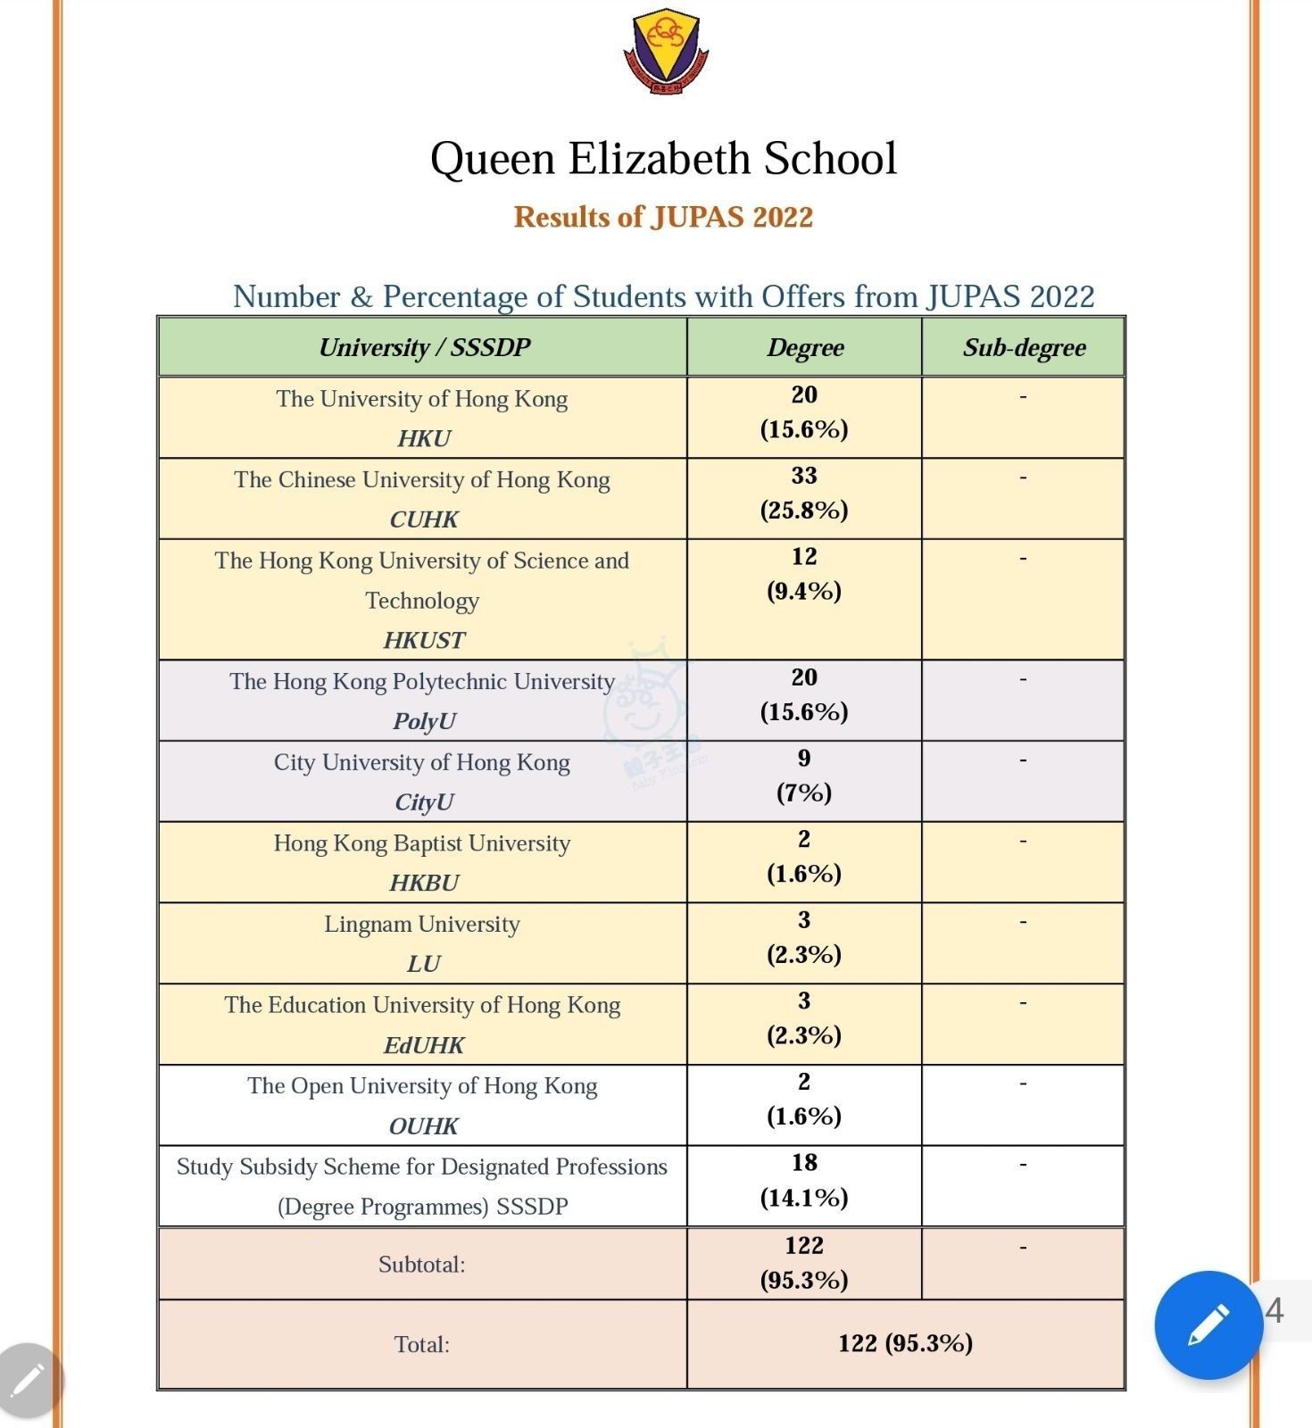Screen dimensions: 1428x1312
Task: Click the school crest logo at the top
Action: [665, 52]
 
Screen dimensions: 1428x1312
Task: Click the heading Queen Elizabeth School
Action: [663, 159]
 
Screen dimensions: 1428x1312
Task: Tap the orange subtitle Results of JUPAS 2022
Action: [663, 217]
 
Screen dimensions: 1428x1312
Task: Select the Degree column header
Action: [804, 347]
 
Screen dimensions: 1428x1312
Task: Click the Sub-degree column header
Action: [1024, 347]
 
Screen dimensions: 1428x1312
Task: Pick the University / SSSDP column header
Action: [424, 347]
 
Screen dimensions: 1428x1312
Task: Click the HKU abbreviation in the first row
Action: [424, 438]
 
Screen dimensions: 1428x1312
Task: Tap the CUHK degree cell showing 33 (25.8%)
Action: [804, 494]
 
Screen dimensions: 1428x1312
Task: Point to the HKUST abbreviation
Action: [424, 640]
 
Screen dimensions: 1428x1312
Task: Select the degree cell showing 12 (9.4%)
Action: [804, 574]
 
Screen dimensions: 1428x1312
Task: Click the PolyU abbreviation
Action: [424, 720]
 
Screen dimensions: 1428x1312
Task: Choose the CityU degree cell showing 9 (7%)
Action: [804, 776]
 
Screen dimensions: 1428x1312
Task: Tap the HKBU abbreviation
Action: [424, 883]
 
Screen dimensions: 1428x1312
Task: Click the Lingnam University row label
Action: [422, 924]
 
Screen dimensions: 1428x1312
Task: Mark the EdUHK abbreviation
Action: [424, 1044]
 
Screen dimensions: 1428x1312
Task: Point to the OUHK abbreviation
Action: [424, 1125]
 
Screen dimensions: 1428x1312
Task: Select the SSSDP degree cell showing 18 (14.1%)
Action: [804, 1180]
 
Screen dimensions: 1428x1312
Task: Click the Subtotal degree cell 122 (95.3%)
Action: [804, 1263]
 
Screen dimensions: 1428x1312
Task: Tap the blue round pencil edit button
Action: [1208, 1324]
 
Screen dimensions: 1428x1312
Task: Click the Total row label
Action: [422, 1344]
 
